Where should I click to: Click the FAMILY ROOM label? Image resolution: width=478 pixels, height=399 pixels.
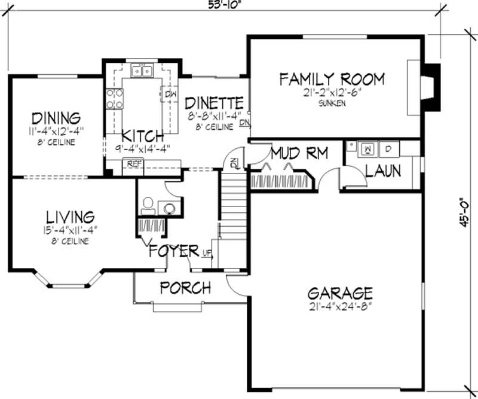click(x=332, y=78)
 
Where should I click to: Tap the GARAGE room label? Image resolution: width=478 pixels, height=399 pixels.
click(x=340, y=294)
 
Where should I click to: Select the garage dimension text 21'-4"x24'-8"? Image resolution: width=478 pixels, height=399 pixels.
click(x=340, y=306)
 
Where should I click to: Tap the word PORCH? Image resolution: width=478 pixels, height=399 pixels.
click(x=185, y=288)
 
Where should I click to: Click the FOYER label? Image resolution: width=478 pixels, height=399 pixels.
click(x=173, y=250)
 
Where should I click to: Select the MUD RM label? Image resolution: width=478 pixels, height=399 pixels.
click(x=299, y=154)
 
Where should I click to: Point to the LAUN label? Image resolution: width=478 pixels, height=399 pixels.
click(x=383, y=172)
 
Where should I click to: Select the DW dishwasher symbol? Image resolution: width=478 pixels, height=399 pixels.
click(x=170, y=95)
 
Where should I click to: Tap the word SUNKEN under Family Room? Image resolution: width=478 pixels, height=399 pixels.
click(x=332, y=103)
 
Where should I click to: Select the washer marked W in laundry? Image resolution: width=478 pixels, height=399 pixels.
click(x=369, y=147)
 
